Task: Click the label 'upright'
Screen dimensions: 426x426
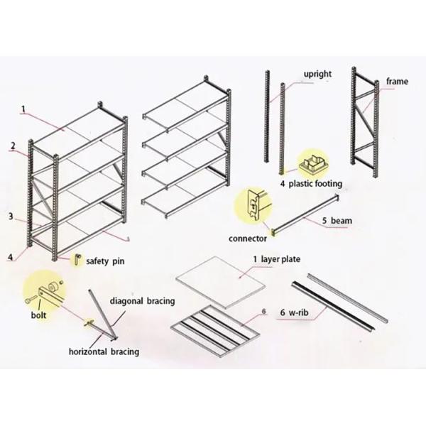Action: point(318,73)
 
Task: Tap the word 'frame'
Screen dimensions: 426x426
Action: point(397,82)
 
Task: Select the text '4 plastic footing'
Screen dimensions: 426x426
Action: point(310,183)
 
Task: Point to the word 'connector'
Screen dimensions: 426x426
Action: point(248,239)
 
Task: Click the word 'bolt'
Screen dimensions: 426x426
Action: point(39,312)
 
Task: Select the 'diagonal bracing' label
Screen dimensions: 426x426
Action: point(142,301)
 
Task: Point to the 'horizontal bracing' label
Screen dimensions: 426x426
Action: point(103,351)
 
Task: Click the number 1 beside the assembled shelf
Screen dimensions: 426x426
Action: point(23,109)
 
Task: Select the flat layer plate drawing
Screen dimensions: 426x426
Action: point(220,282)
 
